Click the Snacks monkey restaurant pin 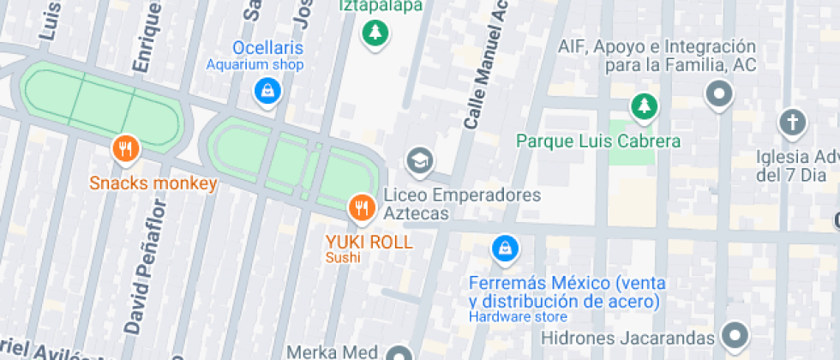click(x=126, y=150)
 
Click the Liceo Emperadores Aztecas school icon click(x=419, y=160)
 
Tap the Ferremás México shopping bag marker click(x=505, y=249)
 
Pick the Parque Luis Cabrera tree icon click(x=643, y=107)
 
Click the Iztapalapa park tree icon click(x=375, y=34)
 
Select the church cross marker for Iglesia click(x=792, y=123)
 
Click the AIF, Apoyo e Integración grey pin click(x=718, y=93)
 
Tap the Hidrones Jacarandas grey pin click(x=735, y=334)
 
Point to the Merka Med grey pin click(x=399, y=353)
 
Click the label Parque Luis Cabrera click(x=599, y=141)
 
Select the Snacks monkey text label click(x=153, y=183)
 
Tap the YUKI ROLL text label click(x=369, y=242)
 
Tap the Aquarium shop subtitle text click(x=255, y=64)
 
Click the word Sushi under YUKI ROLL click(x=343, y=258)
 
